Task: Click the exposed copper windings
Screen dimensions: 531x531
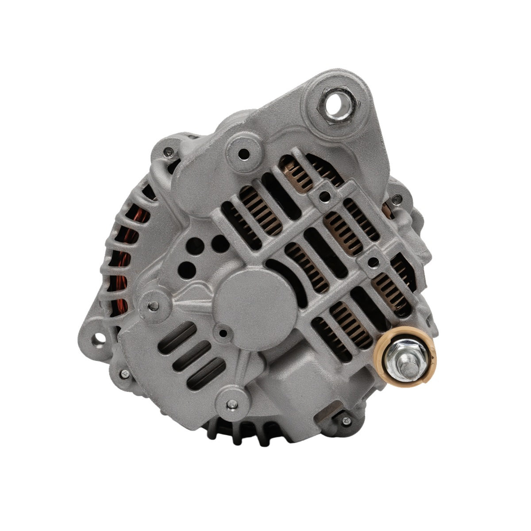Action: tap(122, 274)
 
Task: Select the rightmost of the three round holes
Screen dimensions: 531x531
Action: tap(218, 241)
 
